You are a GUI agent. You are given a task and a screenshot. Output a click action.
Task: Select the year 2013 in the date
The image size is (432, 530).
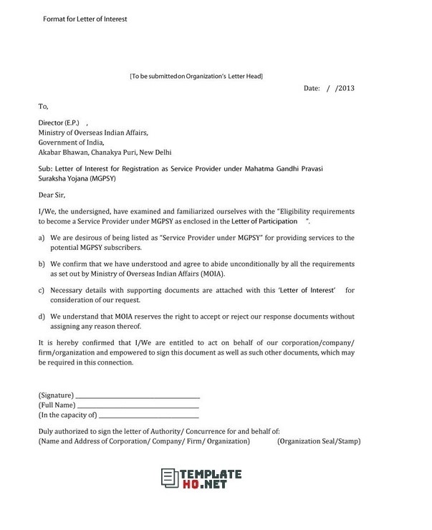click(346, 89)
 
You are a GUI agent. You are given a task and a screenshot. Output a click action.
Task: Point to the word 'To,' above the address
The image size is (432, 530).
click(44, 107)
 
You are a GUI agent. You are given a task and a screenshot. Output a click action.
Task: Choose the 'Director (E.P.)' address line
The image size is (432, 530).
click(62, 123)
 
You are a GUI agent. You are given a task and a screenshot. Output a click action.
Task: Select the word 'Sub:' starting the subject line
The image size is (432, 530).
click(46, 168)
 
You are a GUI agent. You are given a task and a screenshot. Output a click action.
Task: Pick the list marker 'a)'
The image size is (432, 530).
click(42, 236)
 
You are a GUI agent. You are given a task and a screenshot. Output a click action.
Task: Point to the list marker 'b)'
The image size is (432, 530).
click(42, 264)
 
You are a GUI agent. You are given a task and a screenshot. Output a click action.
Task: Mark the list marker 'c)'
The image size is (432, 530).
click(42, 290)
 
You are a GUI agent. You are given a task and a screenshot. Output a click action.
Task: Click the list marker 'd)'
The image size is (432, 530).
click(42, 315)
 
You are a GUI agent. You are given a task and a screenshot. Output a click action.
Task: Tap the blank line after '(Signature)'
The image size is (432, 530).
click(138, 396)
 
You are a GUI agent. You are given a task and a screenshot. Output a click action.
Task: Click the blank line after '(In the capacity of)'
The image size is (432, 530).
click(148, 416)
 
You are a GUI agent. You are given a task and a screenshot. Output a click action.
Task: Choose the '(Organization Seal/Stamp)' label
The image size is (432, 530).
click(318, 441)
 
